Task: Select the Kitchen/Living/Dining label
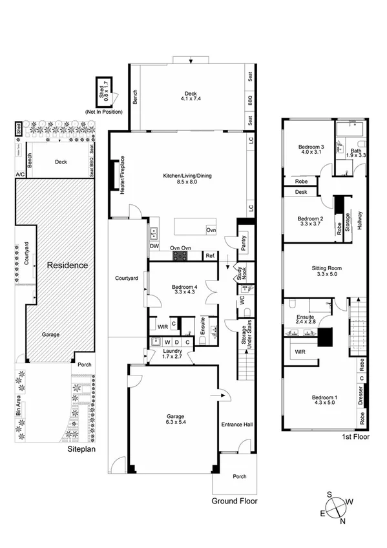click(x=179, y=179)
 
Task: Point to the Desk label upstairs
click(x=300, y=192)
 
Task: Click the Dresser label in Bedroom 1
click(x=360, y=394)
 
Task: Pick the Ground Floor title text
click(x=235, y=500)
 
